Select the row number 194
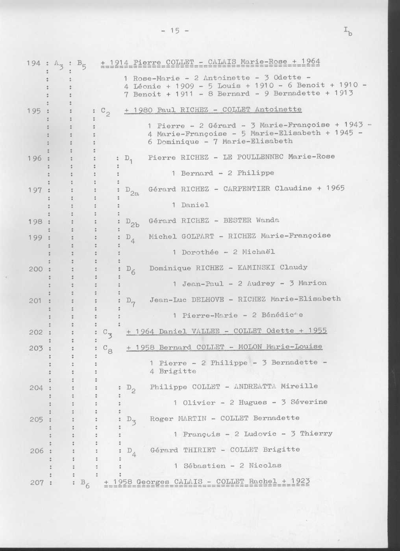click(33, 63)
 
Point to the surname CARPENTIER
click(246, 189)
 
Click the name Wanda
click(267, 220)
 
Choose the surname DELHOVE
click(207, 299)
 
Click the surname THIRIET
click(200, 450)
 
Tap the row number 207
click(36, 482)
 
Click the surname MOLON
click(250, 347)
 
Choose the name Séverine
click(309, 402)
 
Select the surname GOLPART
click(198, 236)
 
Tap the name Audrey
click(261, 284)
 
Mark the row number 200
click(35, 269)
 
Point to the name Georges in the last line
click(153, 482)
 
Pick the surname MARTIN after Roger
click(192, 418)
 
